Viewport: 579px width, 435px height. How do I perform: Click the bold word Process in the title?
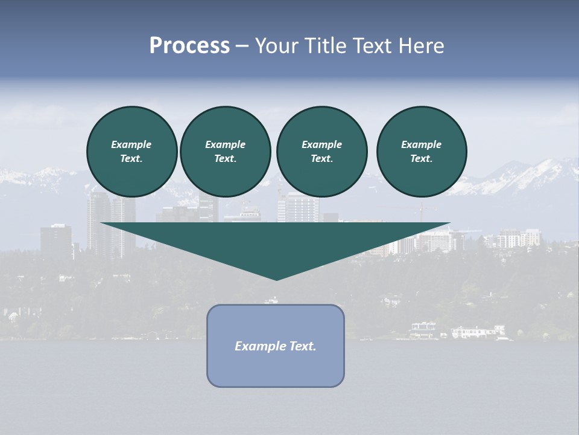pyautogui.click(x=189, y=46)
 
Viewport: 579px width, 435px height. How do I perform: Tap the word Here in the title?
pyautogui.click(x=420, y=46)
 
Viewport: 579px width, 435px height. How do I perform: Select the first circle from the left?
pyautogui.click(x=131, y=152)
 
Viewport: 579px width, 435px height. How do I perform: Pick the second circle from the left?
pyautogui.click(x=225, y=152)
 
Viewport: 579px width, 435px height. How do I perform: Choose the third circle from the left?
pyautogui.click(x=321, y=152)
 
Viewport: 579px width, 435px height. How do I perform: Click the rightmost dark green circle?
pyautogui.click(x=422, y=152)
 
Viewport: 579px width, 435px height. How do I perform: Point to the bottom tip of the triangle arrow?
pyautogui.click(x=276, y=280)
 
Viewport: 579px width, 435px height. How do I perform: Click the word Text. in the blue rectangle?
pyautogui.click(x=303, y=346)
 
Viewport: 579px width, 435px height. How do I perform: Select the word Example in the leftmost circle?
pyautogui.click(x=131, y=144)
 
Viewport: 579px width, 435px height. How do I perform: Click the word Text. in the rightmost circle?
pyautogui.click(x=422, y=159)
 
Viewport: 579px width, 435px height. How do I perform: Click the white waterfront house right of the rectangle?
pyautogui.click(x=476, y=331)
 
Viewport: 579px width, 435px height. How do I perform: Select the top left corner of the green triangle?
pyautogui.click(x=101, y=224)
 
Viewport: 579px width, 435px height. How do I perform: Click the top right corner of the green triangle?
pyautogui.click(x=449, y=224)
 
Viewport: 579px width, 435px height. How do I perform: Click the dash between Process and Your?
pyautogui.click(x=242, y=47)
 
